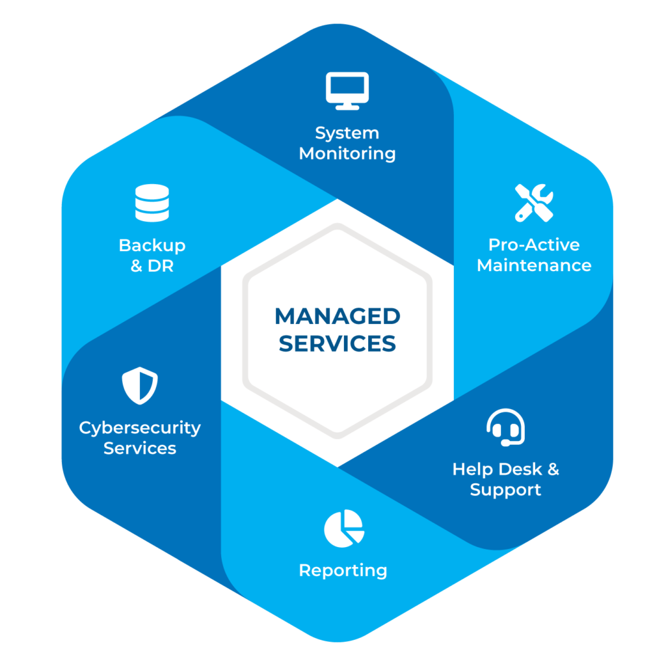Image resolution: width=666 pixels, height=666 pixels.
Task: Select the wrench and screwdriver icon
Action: point(534,202)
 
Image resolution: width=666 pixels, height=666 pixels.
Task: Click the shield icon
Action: point(140,386)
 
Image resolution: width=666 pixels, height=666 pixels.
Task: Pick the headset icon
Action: point(505,427)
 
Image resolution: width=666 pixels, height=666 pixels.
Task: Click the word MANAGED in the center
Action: point(337,317)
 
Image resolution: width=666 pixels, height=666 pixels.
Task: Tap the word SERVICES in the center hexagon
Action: point(337,343)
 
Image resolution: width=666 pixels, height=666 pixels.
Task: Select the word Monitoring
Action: point(347,154)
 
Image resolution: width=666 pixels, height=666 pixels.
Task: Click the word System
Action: point(347,133)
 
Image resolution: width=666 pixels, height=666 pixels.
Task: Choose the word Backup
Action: point(152,246)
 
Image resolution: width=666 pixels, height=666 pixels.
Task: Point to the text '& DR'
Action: point(152,266)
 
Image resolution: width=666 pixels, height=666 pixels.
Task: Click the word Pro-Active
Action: point(534,245)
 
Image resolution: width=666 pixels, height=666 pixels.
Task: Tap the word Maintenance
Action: point(534,265)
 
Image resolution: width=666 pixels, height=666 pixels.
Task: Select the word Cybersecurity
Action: point(140,429)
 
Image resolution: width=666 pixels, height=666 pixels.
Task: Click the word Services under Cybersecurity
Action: point(140,449)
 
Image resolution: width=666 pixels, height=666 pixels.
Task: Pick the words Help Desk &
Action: point(505,469)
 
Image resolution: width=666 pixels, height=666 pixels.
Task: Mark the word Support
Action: point(505,490)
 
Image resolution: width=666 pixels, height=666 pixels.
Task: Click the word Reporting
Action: point(343,571)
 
